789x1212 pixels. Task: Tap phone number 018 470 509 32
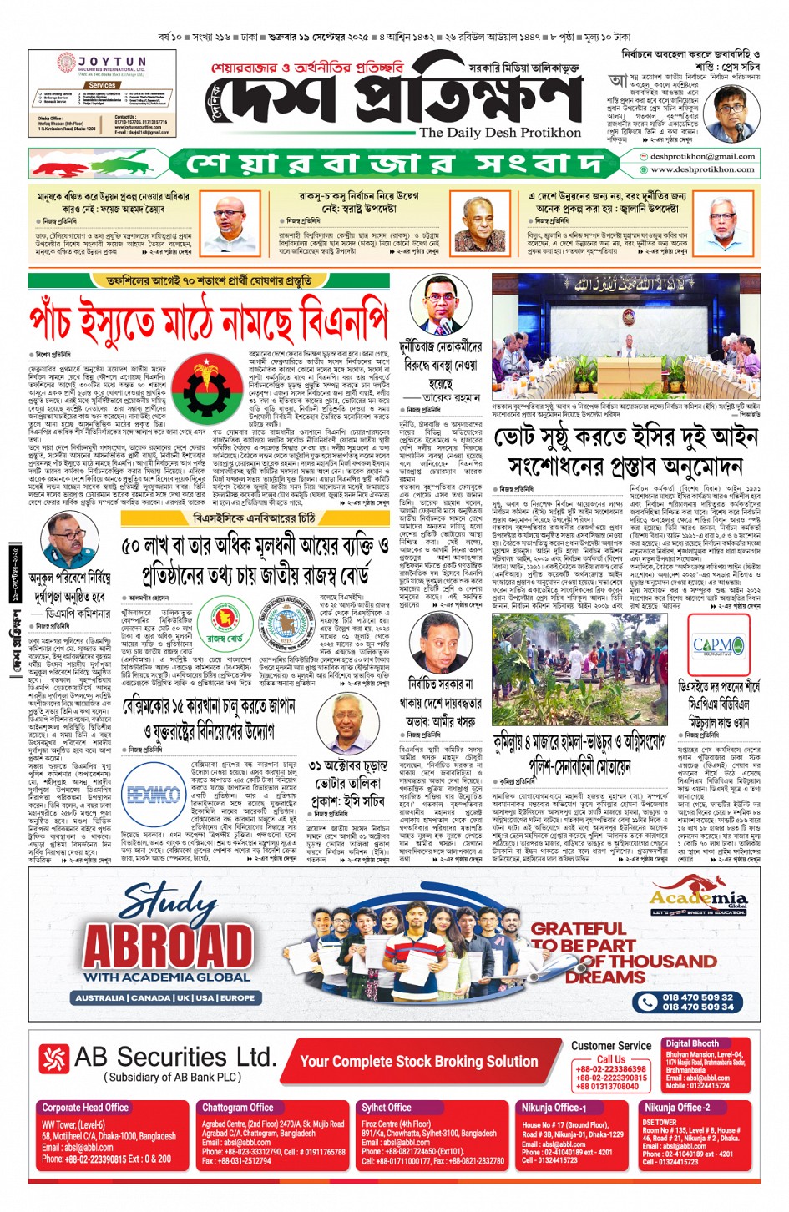(698, 997)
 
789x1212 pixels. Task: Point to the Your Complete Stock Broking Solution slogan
(418, 1061)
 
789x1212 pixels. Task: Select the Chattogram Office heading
(237, 1108)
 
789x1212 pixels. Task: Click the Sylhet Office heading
(386, 1108)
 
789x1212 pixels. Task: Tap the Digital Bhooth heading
(692, 1043)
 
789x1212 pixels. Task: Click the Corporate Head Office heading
(85, 1108)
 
